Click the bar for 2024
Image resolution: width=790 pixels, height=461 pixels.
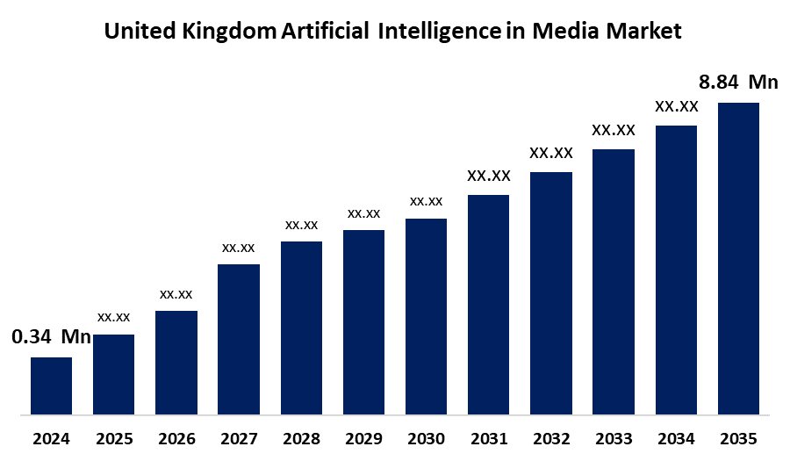[51, 385]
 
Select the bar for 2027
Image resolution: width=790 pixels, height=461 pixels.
[239, 338]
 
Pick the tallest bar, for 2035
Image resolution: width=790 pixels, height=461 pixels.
[738, 257]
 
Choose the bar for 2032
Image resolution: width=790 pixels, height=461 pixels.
[551, 292]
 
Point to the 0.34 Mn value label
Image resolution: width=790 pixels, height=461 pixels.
[51, 337]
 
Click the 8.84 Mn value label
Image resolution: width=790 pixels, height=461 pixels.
[738, 83]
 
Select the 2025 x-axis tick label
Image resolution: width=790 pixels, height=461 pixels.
[114, 438]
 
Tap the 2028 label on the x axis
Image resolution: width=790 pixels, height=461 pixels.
[301, 438]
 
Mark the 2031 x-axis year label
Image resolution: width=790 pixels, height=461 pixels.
[488, 438]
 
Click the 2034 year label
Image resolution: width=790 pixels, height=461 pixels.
[676, 438]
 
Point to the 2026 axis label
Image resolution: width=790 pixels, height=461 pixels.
[176, 438]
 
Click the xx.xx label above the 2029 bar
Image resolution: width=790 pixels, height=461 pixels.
[363, 213]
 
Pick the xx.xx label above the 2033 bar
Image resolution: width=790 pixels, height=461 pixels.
[614, 130]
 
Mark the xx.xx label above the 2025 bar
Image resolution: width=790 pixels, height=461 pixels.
[114, 317]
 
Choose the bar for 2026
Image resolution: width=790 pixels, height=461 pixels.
[176, 362]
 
